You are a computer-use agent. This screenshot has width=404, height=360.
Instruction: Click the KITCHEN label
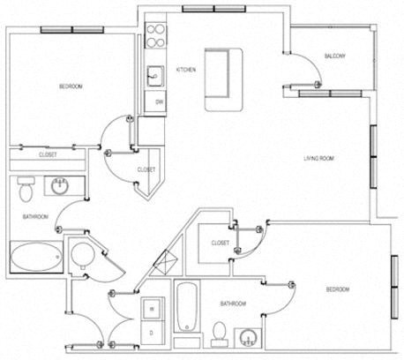[x=185, y=69]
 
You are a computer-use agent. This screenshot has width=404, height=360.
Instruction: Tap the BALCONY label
[x=334, y=56]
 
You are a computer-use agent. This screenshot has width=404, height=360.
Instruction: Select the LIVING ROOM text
[x=323, y=158]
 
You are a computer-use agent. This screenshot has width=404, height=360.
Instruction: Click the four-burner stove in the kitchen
[x=155, y=35]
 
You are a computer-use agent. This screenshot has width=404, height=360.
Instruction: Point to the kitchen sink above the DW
[x=155, y=75]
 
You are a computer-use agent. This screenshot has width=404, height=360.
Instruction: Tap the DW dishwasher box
[x=160, y=102]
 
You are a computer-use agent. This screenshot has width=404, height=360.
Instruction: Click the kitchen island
[x=224, y=79]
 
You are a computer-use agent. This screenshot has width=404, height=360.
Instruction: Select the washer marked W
[x=153, y=309]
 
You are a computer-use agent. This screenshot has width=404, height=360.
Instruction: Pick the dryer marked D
[x=153, y=332]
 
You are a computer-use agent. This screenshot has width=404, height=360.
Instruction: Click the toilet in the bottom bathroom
[x=220, y=331]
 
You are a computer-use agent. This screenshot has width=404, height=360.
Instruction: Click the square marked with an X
[x=165, y=262]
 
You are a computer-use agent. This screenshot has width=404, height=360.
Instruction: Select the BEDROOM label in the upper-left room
[x=71, y=86]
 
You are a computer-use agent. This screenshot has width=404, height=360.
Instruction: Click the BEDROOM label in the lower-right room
[x=338, y=289]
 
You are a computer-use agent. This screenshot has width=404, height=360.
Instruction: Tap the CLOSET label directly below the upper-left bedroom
[x=49, y=155]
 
